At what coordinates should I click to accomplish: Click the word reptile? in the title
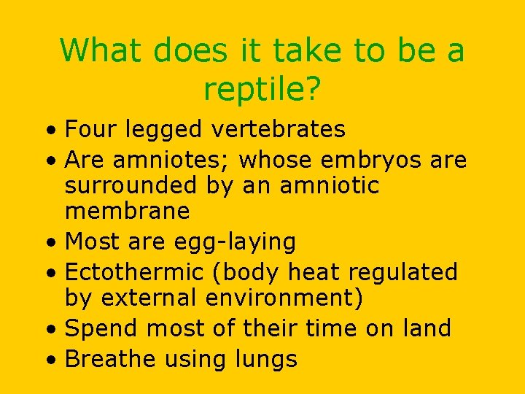click(x=262, y=89)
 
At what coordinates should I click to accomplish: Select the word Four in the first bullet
click(x=90, y=129)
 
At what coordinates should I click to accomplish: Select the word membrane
click(x=128, y=212)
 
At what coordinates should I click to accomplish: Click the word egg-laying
click(x=238, y=241)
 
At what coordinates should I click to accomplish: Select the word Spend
click(x=102, y=328)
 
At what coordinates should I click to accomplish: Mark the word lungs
click(x=265, y=360)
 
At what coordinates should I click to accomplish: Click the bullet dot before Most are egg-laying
click(x=52, y=242)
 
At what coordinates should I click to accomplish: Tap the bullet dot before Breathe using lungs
click(x=52, y=360)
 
